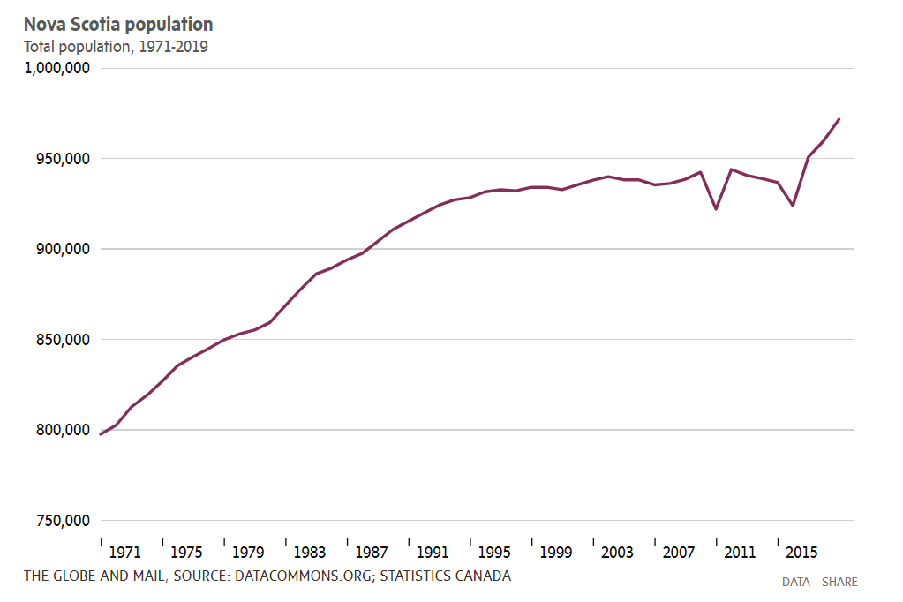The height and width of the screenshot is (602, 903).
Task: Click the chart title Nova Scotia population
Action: click(118, 25)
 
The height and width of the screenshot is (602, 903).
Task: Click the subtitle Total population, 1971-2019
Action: click(116, 47)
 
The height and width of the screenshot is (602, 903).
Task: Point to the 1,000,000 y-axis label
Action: click(56, 68)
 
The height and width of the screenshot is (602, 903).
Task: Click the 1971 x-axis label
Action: click(124, 553)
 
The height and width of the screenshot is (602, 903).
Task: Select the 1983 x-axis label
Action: click(309, 553)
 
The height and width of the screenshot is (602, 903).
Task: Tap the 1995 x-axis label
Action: click(494, 553)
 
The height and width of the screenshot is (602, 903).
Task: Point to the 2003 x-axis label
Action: click(617, 553)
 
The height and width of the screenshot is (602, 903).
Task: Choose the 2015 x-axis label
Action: click(801, 553)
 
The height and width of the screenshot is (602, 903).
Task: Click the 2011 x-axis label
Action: click(740, 553)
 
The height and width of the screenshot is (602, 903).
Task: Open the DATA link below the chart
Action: click(795, 582)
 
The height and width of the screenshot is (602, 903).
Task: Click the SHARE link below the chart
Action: click(839, 582)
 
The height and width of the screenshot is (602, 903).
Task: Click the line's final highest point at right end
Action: click(839, 119)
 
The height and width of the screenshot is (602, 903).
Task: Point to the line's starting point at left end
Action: click(102, 434)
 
